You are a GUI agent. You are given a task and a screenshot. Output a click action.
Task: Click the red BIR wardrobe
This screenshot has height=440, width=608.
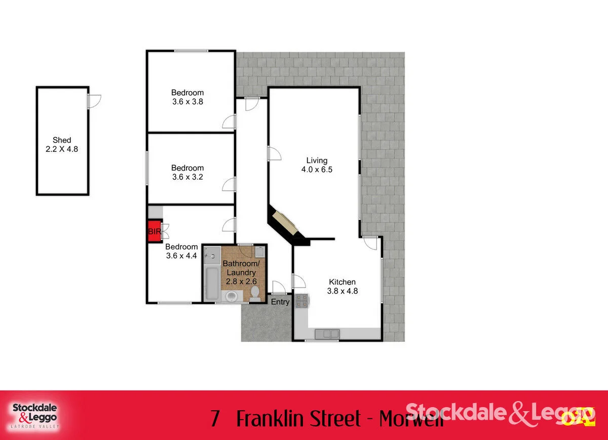pyautogui.click(x=154, y=231)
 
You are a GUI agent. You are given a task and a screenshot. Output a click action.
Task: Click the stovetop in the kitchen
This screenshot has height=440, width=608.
pyautogui.click(x=302, y=301)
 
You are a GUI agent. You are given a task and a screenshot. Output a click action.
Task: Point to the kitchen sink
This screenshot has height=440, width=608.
pyautogui.click(x=327, y=334)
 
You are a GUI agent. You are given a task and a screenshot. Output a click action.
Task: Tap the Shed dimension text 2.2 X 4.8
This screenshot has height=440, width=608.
pyautogui.click(x=62, y=149)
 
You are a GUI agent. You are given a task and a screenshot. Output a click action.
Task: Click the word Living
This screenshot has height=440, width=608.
pyautogui.click(x=317, y=161)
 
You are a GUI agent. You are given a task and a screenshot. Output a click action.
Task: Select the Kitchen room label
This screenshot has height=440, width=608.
pyautogui.click(x=343, y=282)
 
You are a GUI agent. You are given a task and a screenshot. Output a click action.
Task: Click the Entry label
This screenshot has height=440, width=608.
pyautogui.click(x=280, y=302)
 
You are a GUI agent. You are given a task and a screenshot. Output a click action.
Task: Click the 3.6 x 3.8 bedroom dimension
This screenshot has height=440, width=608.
pyautogui.click(x=187, y=101)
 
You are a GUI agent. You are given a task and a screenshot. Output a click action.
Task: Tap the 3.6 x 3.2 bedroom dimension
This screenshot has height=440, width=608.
pyautogui.click(x=187, y=177)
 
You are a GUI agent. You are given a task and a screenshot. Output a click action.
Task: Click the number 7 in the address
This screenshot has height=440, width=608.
pyautogui.click(x=215, y=419)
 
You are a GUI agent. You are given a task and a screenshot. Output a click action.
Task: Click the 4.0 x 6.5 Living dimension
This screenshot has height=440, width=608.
pyautogui.click(x=317, y=170)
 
